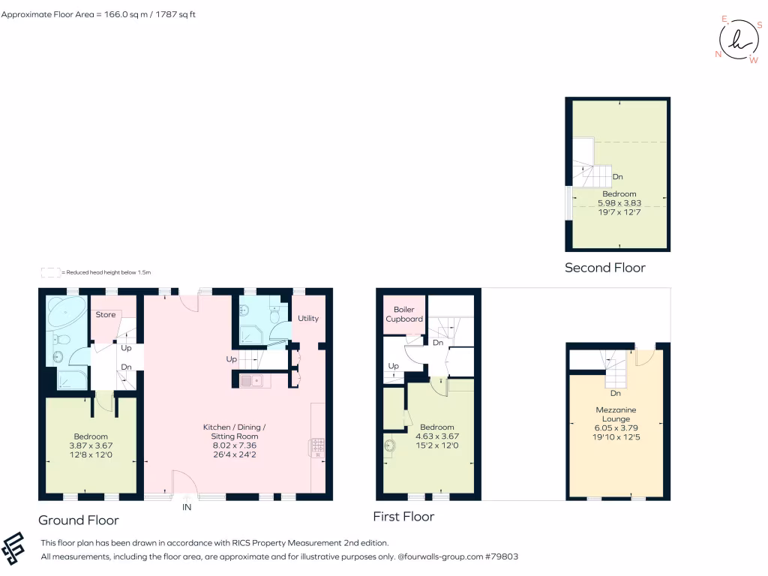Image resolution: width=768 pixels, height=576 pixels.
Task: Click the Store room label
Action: (106, 314)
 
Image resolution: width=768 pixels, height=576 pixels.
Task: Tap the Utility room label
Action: (308, 318)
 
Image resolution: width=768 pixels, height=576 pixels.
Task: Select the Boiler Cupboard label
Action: (404, 314)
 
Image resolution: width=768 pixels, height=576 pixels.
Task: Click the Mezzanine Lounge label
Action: (616, 414)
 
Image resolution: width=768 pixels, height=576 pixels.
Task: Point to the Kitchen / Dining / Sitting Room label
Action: (235, 431)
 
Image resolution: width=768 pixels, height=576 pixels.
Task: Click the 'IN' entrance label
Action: (186, 508)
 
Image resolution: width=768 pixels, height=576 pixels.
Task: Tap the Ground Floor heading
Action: (78, 520)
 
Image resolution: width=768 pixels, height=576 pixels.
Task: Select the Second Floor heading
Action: (604, 268)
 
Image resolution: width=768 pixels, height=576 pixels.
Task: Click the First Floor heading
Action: (403, 516)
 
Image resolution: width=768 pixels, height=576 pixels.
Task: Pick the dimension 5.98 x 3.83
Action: (619, 202)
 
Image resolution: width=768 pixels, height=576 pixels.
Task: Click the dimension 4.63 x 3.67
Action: (437, 436)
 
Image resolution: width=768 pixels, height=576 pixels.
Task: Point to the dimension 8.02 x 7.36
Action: (235, 445)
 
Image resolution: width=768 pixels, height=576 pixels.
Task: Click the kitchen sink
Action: (250, 381)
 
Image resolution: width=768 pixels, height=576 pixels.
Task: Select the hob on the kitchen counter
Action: (316, 448)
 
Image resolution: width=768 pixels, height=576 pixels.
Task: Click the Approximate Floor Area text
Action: (98, 14)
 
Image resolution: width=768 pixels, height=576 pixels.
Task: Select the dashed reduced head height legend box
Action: (49, 272)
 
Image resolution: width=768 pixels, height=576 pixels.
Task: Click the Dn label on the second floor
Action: (618, 177)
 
